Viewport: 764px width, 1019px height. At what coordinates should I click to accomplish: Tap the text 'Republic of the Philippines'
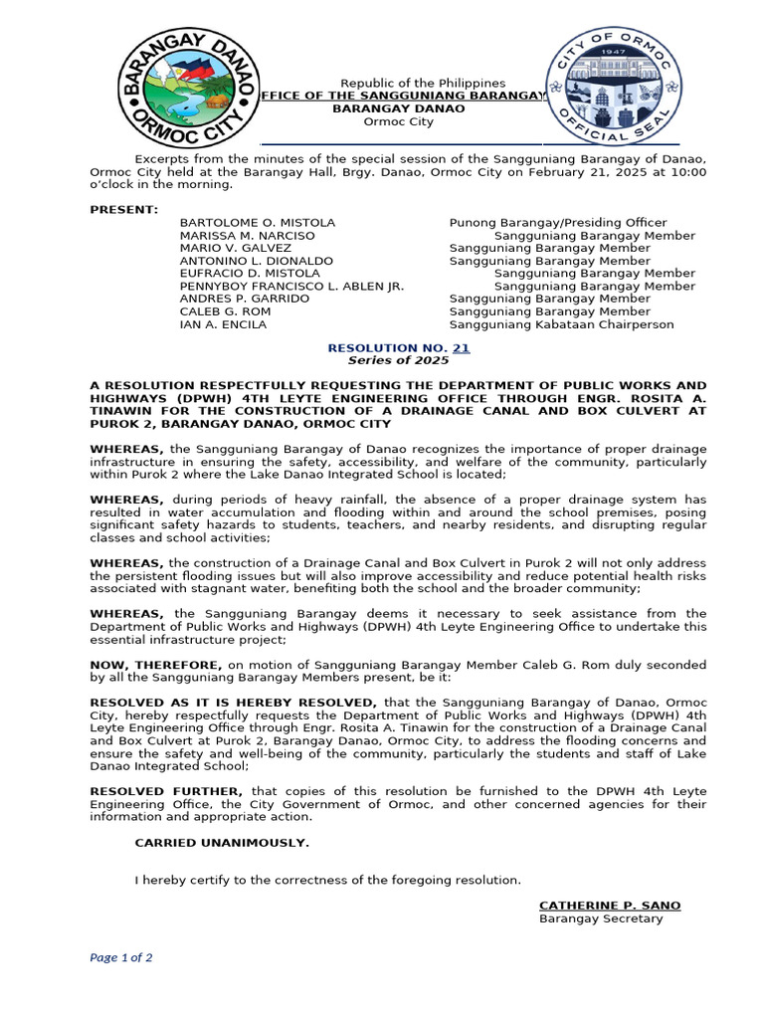tap(423, 83)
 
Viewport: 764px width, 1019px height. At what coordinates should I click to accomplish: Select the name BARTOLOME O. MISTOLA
tap(257, 222)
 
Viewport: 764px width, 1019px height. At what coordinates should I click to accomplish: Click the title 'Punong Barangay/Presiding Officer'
tap(558, 222)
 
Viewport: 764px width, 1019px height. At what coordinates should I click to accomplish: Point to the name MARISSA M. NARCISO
tap(247, 235)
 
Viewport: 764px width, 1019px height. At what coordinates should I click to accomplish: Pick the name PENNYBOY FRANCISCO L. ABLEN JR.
tap(291, 286)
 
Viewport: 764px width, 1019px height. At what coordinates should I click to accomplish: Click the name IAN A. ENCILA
tap(223, 324)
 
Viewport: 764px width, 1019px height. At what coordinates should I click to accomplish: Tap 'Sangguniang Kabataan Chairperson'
tap(561, 324)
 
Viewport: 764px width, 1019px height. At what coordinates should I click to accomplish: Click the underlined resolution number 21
tap(461, 348)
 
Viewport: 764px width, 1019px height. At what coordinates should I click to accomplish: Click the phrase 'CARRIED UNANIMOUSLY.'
tap(222, 843)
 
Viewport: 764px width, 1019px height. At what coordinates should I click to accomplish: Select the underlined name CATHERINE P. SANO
tap(610, 906)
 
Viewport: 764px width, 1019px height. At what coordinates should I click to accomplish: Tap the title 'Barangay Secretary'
tap(601, 918)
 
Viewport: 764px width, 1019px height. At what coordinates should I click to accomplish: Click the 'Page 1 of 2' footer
tap(121, 958)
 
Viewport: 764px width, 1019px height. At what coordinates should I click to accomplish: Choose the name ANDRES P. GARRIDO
tap(244, 299)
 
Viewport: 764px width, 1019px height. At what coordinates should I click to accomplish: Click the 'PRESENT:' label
tap(123, 209)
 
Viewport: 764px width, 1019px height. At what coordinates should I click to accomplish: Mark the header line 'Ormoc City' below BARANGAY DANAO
tap(398, 121)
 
